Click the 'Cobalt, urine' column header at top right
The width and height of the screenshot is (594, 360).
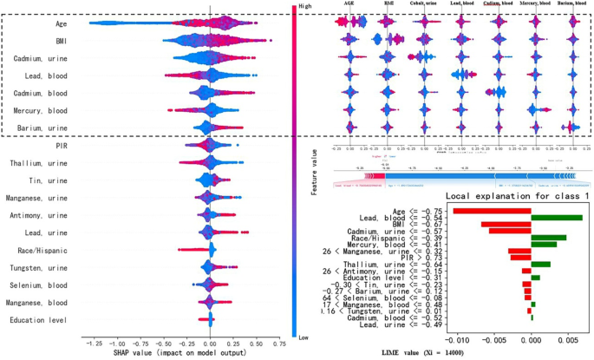pyautogui.click(x=422, y=5)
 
